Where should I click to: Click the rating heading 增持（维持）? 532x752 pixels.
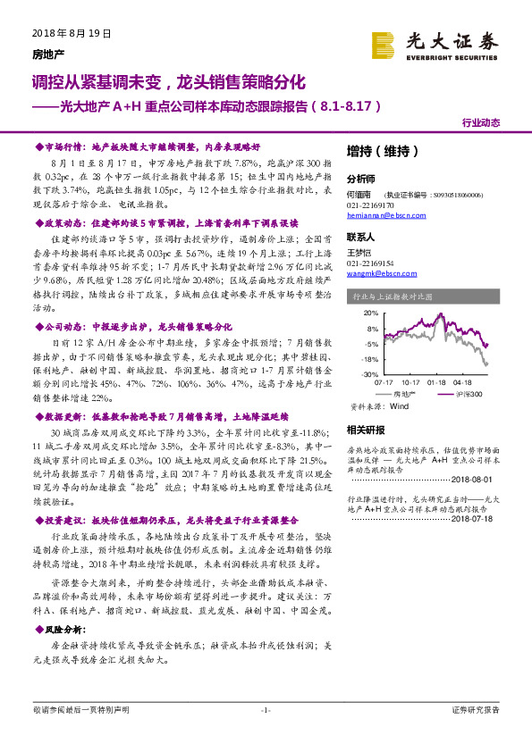[382, 151]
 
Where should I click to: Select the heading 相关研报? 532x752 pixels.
[366, 430]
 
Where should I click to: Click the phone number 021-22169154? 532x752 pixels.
[376, 263]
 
